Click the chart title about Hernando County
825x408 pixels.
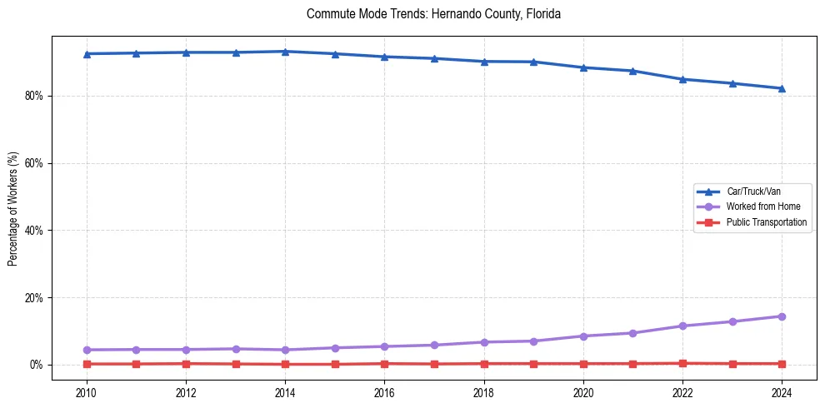pos(433,14)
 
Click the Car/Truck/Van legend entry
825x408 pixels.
pos(753,192)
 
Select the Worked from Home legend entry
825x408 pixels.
pos(758,206)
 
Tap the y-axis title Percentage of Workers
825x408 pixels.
pos(13,209)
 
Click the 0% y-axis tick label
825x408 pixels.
pos(36,365)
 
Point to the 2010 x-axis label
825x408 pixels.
pos(86,392)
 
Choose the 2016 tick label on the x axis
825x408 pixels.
pos(384,392)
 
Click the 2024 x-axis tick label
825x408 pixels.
pos(782,392)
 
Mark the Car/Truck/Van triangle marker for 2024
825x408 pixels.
pos(782,88)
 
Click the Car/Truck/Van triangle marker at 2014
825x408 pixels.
pos(285,52)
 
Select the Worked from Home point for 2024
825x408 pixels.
pos(782,316)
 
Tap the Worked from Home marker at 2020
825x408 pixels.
pos(583,336)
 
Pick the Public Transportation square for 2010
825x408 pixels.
pos(86,364)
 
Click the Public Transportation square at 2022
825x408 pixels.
pos(682,363)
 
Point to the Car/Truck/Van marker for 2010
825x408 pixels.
pos(86,54)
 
